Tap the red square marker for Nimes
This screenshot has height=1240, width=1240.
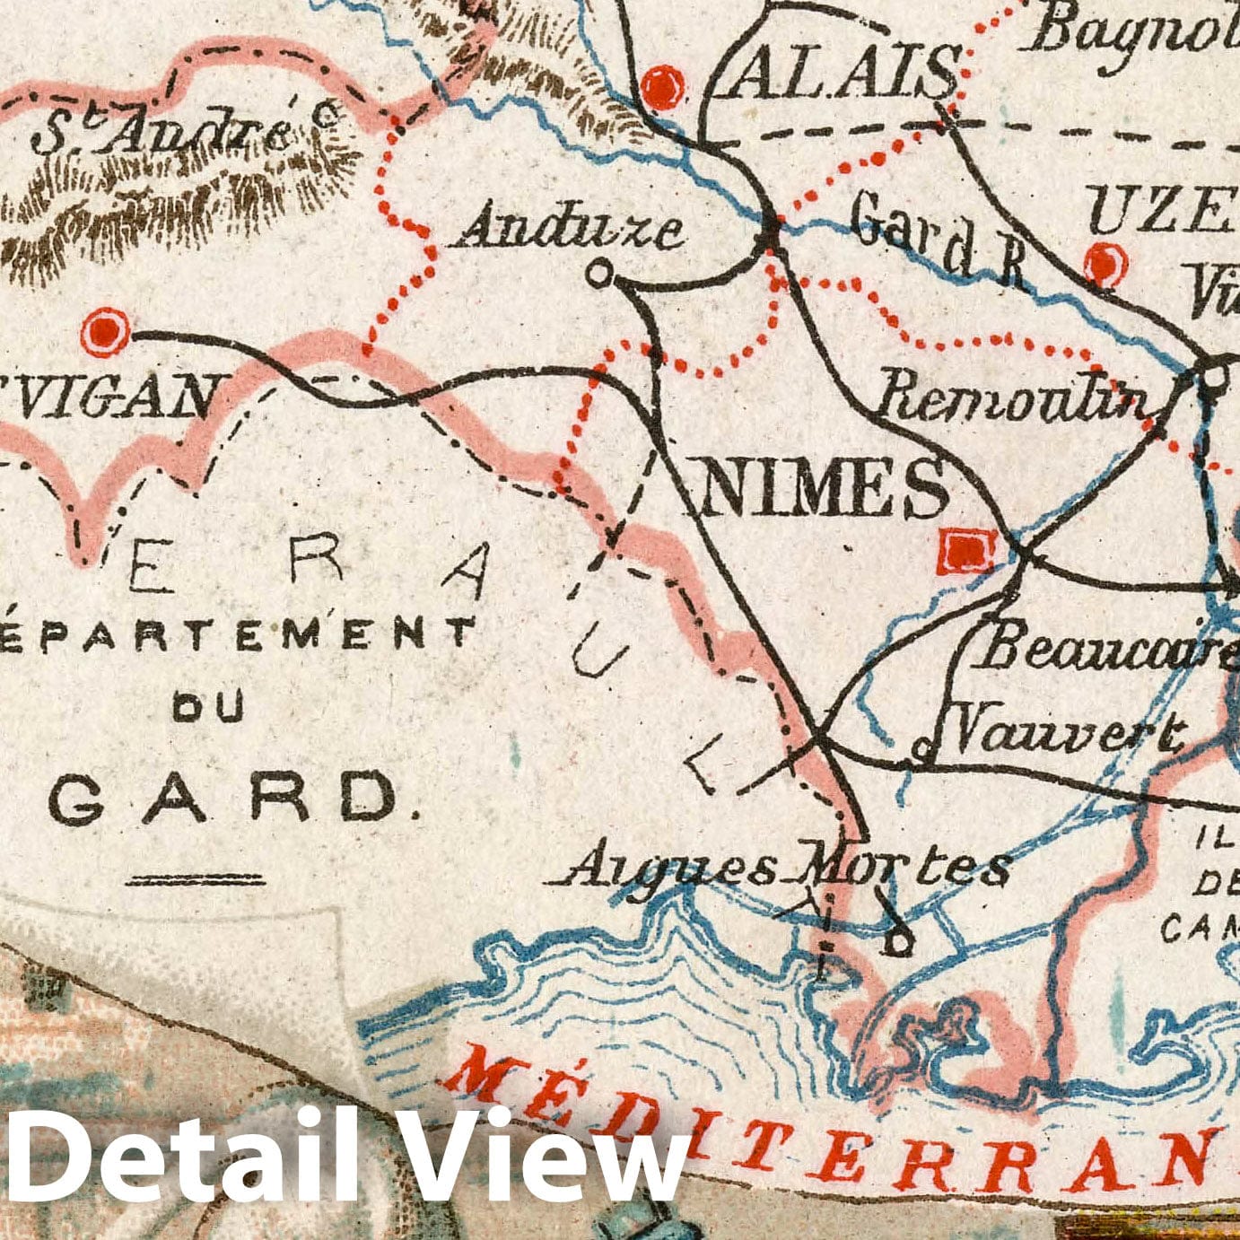965,551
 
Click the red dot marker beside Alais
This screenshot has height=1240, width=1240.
663,89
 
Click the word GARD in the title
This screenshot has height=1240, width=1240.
224,798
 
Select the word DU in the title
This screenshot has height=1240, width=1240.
208,709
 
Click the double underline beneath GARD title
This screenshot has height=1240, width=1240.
196,880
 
